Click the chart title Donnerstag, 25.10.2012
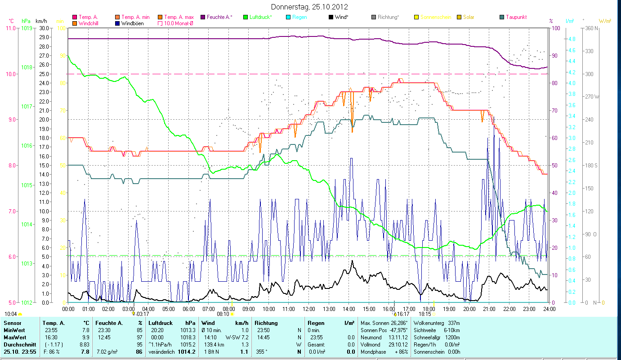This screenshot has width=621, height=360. pyautogui.click(x=310, y=7)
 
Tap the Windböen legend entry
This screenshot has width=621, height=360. pyautogui.click(x=132, y=23)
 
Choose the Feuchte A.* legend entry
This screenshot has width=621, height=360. pyautogui.click(x=219, y=17)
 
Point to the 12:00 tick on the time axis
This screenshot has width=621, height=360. pyautogui.click(x=309, y=309)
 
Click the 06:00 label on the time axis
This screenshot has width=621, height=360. pyautogui.click(x=188, y=309)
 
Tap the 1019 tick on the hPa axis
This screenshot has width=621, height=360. pyautogui.click(x=26, y=28)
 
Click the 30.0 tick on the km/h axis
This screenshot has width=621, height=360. pyautogui.click(x=44, y=28)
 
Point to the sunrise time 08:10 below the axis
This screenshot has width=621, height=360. pyautogui.click(x=223, y=314)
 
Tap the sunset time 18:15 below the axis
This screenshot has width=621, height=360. pyautogui.click(x=425, y=314)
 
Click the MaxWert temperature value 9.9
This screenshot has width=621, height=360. pyautogui.click(x=85, y=337)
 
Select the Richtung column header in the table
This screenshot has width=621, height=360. pyautogui.click(x=266, y=323)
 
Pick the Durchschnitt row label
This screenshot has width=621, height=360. pyautogui.click(x=18, y=344)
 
